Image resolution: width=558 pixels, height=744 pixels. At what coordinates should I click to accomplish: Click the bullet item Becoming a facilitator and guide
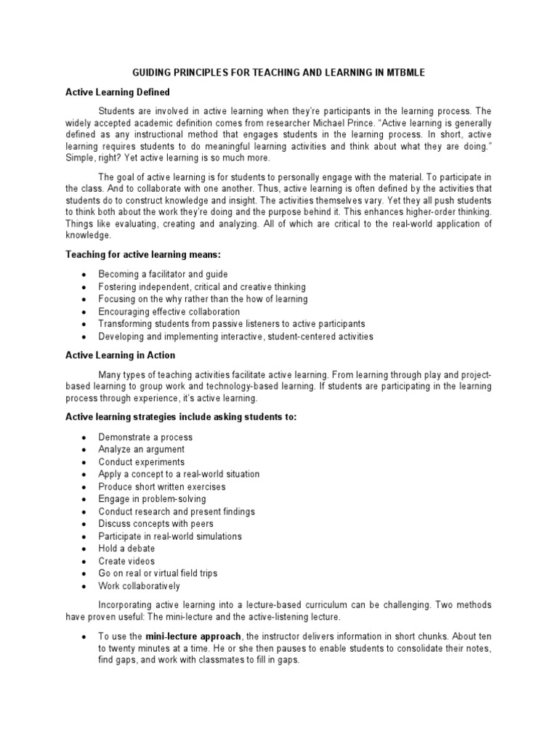tap(163, 275)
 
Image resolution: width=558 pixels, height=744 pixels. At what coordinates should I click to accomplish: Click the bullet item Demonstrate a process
tap(145, 437)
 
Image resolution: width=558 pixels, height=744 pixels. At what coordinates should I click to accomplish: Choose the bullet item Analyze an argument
tap(142, 450)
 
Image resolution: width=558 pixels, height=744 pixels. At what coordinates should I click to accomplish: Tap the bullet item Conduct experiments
tap(142, 462)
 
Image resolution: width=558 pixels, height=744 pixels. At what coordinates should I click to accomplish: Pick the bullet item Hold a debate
tap(126, 549)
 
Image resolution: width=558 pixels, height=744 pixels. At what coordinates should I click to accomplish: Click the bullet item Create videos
tap(126, 561)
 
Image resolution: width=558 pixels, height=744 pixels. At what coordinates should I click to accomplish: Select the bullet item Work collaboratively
tap(139, 586)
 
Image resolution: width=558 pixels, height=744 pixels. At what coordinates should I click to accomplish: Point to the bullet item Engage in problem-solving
tap(153, 499)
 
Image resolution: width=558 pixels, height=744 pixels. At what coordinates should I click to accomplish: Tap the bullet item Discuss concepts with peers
tap(156, 524)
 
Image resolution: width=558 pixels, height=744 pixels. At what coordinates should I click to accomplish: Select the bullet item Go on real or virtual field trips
tap(158, 573)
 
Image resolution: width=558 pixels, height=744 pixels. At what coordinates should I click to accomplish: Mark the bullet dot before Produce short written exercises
tap(85, 488)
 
